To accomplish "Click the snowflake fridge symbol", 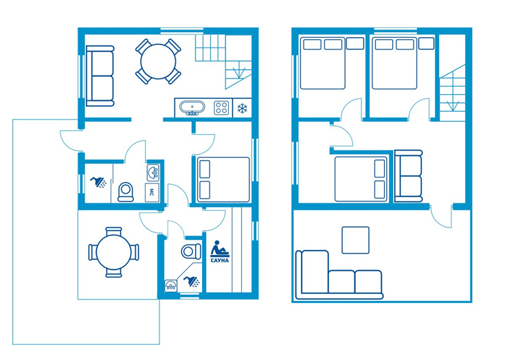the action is pos(243,108).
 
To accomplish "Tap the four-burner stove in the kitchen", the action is pos(221,108).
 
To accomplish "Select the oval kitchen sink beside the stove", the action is pos(192,108).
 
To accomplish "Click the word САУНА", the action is pos(219,260).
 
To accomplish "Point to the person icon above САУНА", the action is pos(219,249).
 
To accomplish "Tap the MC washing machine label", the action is pos(152,192).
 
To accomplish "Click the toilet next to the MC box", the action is pos(126,192).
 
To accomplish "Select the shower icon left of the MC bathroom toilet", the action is pos(98,182).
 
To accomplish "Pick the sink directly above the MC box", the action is pos(153,172).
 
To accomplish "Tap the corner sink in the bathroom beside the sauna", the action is pos(170,285).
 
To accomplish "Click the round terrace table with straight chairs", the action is pos(113,252).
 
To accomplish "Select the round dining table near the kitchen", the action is pos(158,62).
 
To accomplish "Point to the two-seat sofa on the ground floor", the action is pos(100,76).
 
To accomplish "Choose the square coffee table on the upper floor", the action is pos(355,240).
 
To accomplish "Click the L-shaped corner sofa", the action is pos(339,275).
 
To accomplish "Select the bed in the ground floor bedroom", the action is pos(223,180).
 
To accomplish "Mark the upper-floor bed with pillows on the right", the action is pos(361,179).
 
